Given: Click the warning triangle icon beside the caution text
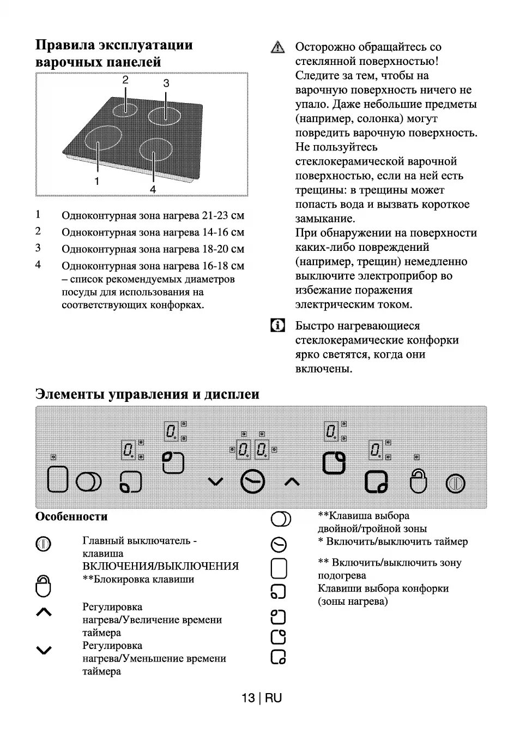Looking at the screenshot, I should click(277, 47).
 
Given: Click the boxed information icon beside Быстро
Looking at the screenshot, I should click(277, 326).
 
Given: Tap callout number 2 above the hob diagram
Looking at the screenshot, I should click(125, 80).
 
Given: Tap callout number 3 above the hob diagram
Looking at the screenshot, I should click(166, 83).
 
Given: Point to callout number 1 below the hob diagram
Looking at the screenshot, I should click(97, 181).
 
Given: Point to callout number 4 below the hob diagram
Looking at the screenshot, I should click(153, 189).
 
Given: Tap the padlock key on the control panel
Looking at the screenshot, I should click(418, 480).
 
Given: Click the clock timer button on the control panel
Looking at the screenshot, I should click(253, 482).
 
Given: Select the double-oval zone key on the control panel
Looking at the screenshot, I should click(88, 482).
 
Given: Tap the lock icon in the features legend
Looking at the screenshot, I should click(44, 586).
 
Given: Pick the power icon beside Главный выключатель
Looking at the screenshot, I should click(44, 544).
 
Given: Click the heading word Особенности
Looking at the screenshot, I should click(71, 516).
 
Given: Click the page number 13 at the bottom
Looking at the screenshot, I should click(248, 698).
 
